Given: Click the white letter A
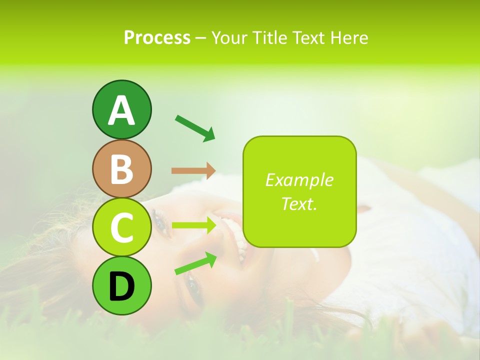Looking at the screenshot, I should [122, 111].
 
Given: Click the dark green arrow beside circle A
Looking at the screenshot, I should [195, 127].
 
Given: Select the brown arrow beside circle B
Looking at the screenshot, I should [193, 170].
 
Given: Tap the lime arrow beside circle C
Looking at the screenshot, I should [194, 225].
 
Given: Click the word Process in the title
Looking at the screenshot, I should [157, 38].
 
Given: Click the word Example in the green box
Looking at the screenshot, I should [299, 180].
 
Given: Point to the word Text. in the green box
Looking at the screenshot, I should [299, 203].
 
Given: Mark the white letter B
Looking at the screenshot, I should [122, 169].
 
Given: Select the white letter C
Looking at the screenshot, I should [122, 228].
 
